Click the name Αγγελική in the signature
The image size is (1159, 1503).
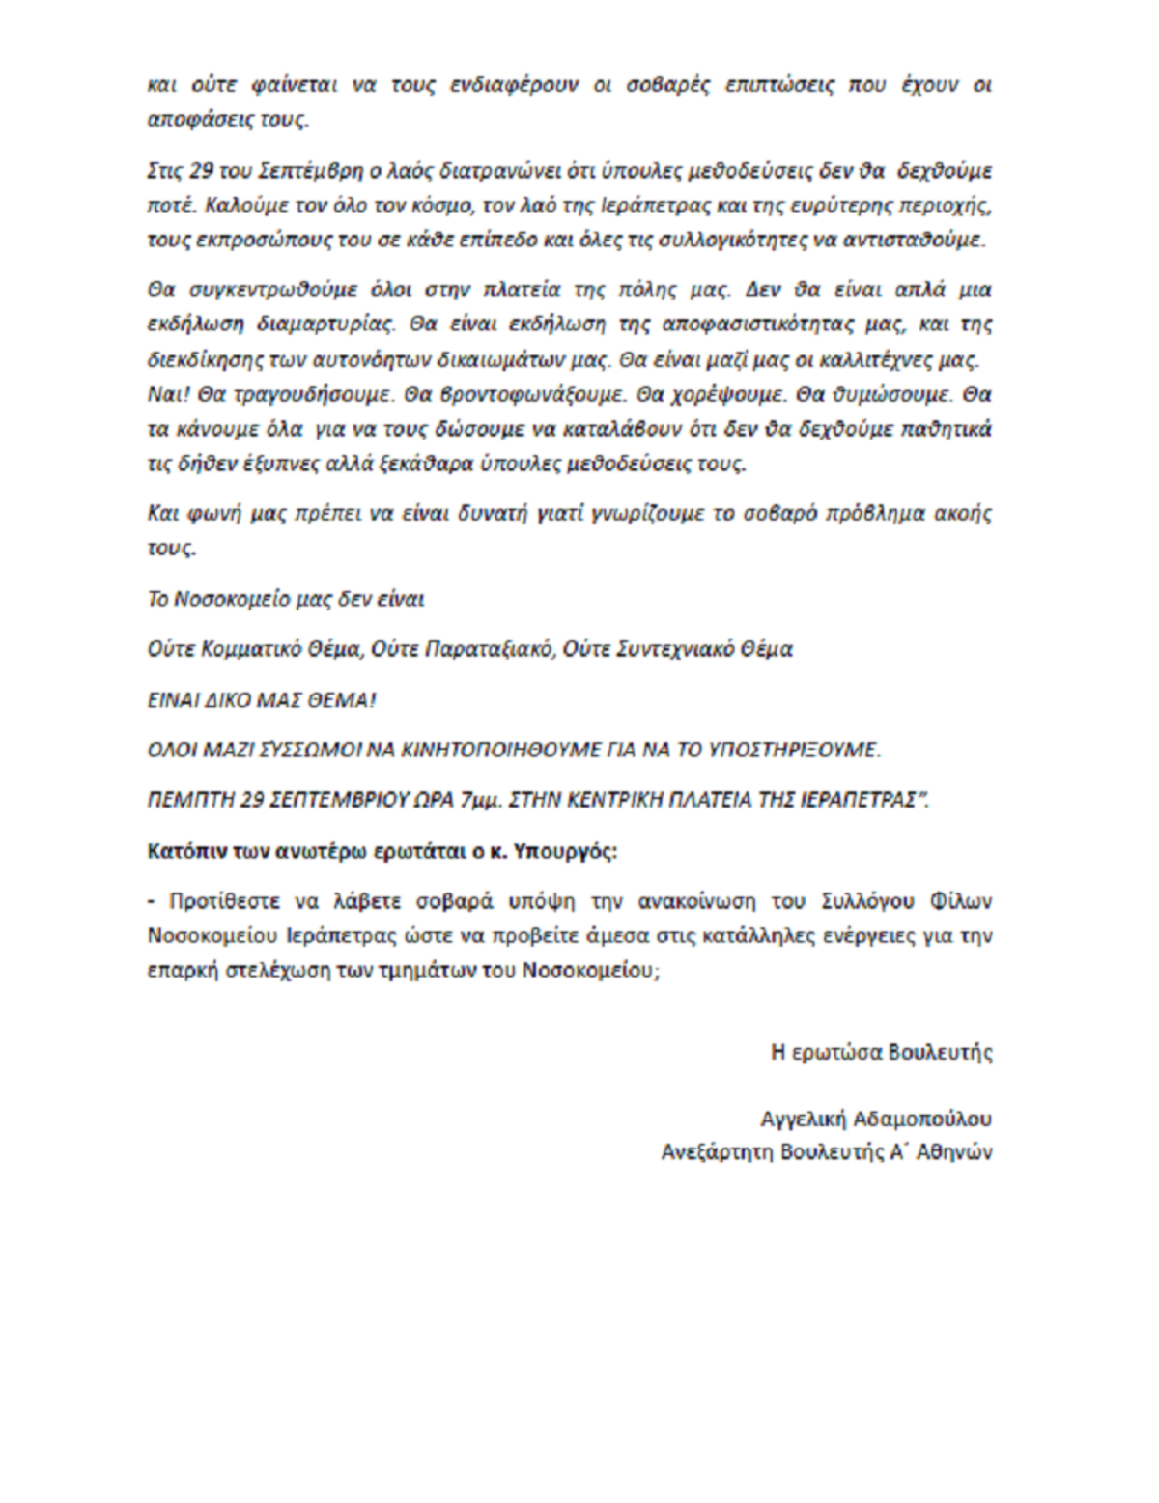[x=804, y=1119]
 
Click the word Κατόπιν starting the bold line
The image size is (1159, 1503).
[x=182, y=851]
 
